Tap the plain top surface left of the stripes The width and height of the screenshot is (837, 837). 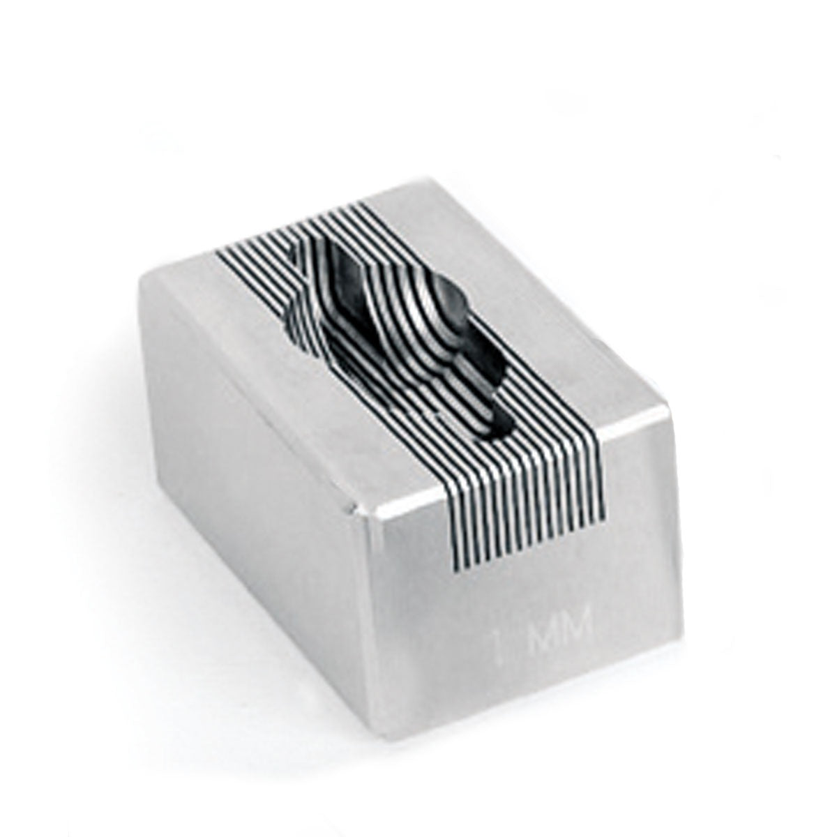230,314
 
